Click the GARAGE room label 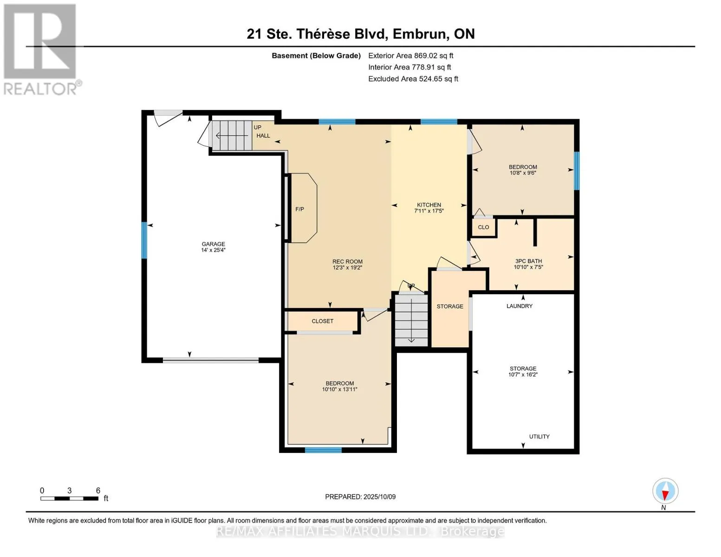213,244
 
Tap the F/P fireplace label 300,209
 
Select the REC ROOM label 347,262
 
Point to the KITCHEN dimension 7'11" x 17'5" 429,211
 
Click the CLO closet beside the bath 484,227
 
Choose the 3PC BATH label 528,261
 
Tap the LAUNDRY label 520,306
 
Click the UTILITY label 539,437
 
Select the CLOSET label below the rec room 323,321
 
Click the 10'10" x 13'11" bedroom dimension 340,390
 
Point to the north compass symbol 665,492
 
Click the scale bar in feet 69,499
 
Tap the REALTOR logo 40,49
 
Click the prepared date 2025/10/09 379,497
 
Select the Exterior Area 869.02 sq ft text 410,56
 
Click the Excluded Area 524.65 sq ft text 413,79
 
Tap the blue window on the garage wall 144,240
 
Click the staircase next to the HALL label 232,135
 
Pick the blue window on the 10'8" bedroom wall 577,171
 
